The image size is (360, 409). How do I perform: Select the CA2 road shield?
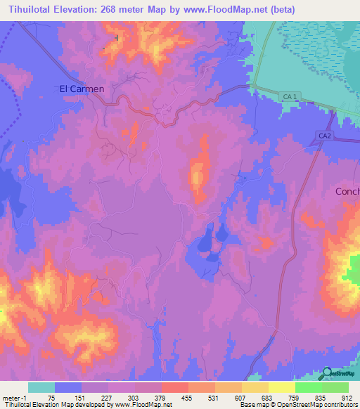tap(324, 135)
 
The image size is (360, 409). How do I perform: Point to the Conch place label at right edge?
tap(347, 191)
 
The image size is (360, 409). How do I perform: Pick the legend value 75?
tap(54, 398)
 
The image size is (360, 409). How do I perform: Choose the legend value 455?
tap(188, 398)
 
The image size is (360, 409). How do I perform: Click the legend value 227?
tap(108, 398)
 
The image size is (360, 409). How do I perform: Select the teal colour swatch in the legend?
tap(41, 387)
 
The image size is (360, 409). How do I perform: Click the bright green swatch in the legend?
tap(308, 387)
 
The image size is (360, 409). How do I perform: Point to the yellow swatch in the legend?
tap(281, 387)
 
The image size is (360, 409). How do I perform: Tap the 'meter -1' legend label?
tap(15, 398)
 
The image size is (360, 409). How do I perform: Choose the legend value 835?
tap(321, 398)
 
